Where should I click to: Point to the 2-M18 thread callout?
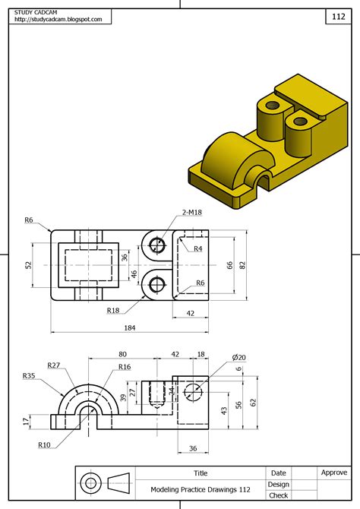pos(193,213)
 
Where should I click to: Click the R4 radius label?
pos(198,248)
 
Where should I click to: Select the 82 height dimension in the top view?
pos(243,264)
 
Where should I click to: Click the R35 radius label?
pos(29,375)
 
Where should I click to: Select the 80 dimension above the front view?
pos(122,354)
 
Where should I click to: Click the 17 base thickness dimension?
pos(26,421)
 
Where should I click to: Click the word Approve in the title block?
pos(333,473)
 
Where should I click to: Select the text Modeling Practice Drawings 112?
pos(201,490)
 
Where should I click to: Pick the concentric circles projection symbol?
pos(91,483)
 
